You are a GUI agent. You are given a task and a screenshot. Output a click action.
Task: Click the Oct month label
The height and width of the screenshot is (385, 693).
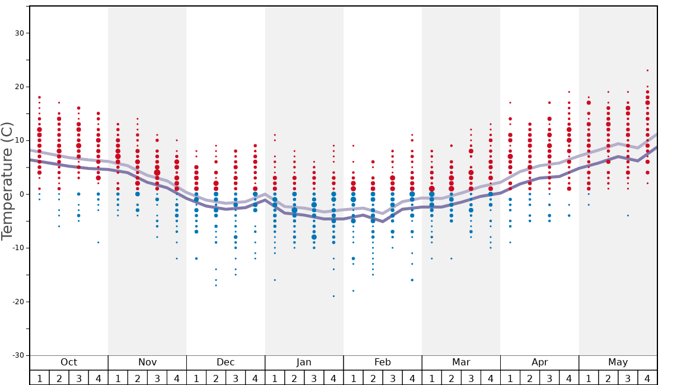[69, 362]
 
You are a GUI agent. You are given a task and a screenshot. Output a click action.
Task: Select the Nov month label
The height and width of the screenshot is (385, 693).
[147, 362]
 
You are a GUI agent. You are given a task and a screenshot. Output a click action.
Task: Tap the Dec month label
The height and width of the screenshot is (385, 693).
[225, 362]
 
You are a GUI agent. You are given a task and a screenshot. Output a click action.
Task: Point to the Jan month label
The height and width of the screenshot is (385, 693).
[304, 362]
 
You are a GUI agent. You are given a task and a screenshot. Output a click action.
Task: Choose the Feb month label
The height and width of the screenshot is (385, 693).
[383, 362]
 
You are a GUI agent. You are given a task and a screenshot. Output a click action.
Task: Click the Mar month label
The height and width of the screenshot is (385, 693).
[461, 362]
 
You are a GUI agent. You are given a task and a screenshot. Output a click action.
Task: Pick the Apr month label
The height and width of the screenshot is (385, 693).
[539, 362]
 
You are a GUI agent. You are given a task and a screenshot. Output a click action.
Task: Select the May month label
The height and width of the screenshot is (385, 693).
[618, 362]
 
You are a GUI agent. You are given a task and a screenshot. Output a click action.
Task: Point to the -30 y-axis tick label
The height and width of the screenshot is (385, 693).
[18, 355]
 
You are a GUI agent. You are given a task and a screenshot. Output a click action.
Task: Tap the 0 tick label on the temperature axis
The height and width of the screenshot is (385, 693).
[21, 194]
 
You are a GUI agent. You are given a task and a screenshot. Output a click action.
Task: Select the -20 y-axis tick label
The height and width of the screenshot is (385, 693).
[18, 302]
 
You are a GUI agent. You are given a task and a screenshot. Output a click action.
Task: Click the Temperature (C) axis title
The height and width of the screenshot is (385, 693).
[7, 181]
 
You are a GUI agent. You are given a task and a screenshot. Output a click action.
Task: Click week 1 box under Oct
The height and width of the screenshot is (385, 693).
[40, 378]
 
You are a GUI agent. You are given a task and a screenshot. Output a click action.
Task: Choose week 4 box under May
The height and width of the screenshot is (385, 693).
[647, 378]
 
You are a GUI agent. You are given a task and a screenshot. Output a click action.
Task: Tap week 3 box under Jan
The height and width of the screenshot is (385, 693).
[314, 378]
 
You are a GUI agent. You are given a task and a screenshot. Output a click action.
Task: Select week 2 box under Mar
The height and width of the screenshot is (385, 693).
[452, 378]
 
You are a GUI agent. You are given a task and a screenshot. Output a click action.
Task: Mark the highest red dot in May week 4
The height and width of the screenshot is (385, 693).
[647, 71]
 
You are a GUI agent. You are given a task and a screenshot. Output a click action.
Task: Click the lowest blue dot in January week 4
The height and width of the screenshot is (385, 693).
[333, 296]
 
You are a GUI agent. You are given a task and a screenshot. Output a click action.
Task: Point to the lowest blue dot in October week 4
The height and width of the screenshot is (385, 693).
[98, 242]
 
